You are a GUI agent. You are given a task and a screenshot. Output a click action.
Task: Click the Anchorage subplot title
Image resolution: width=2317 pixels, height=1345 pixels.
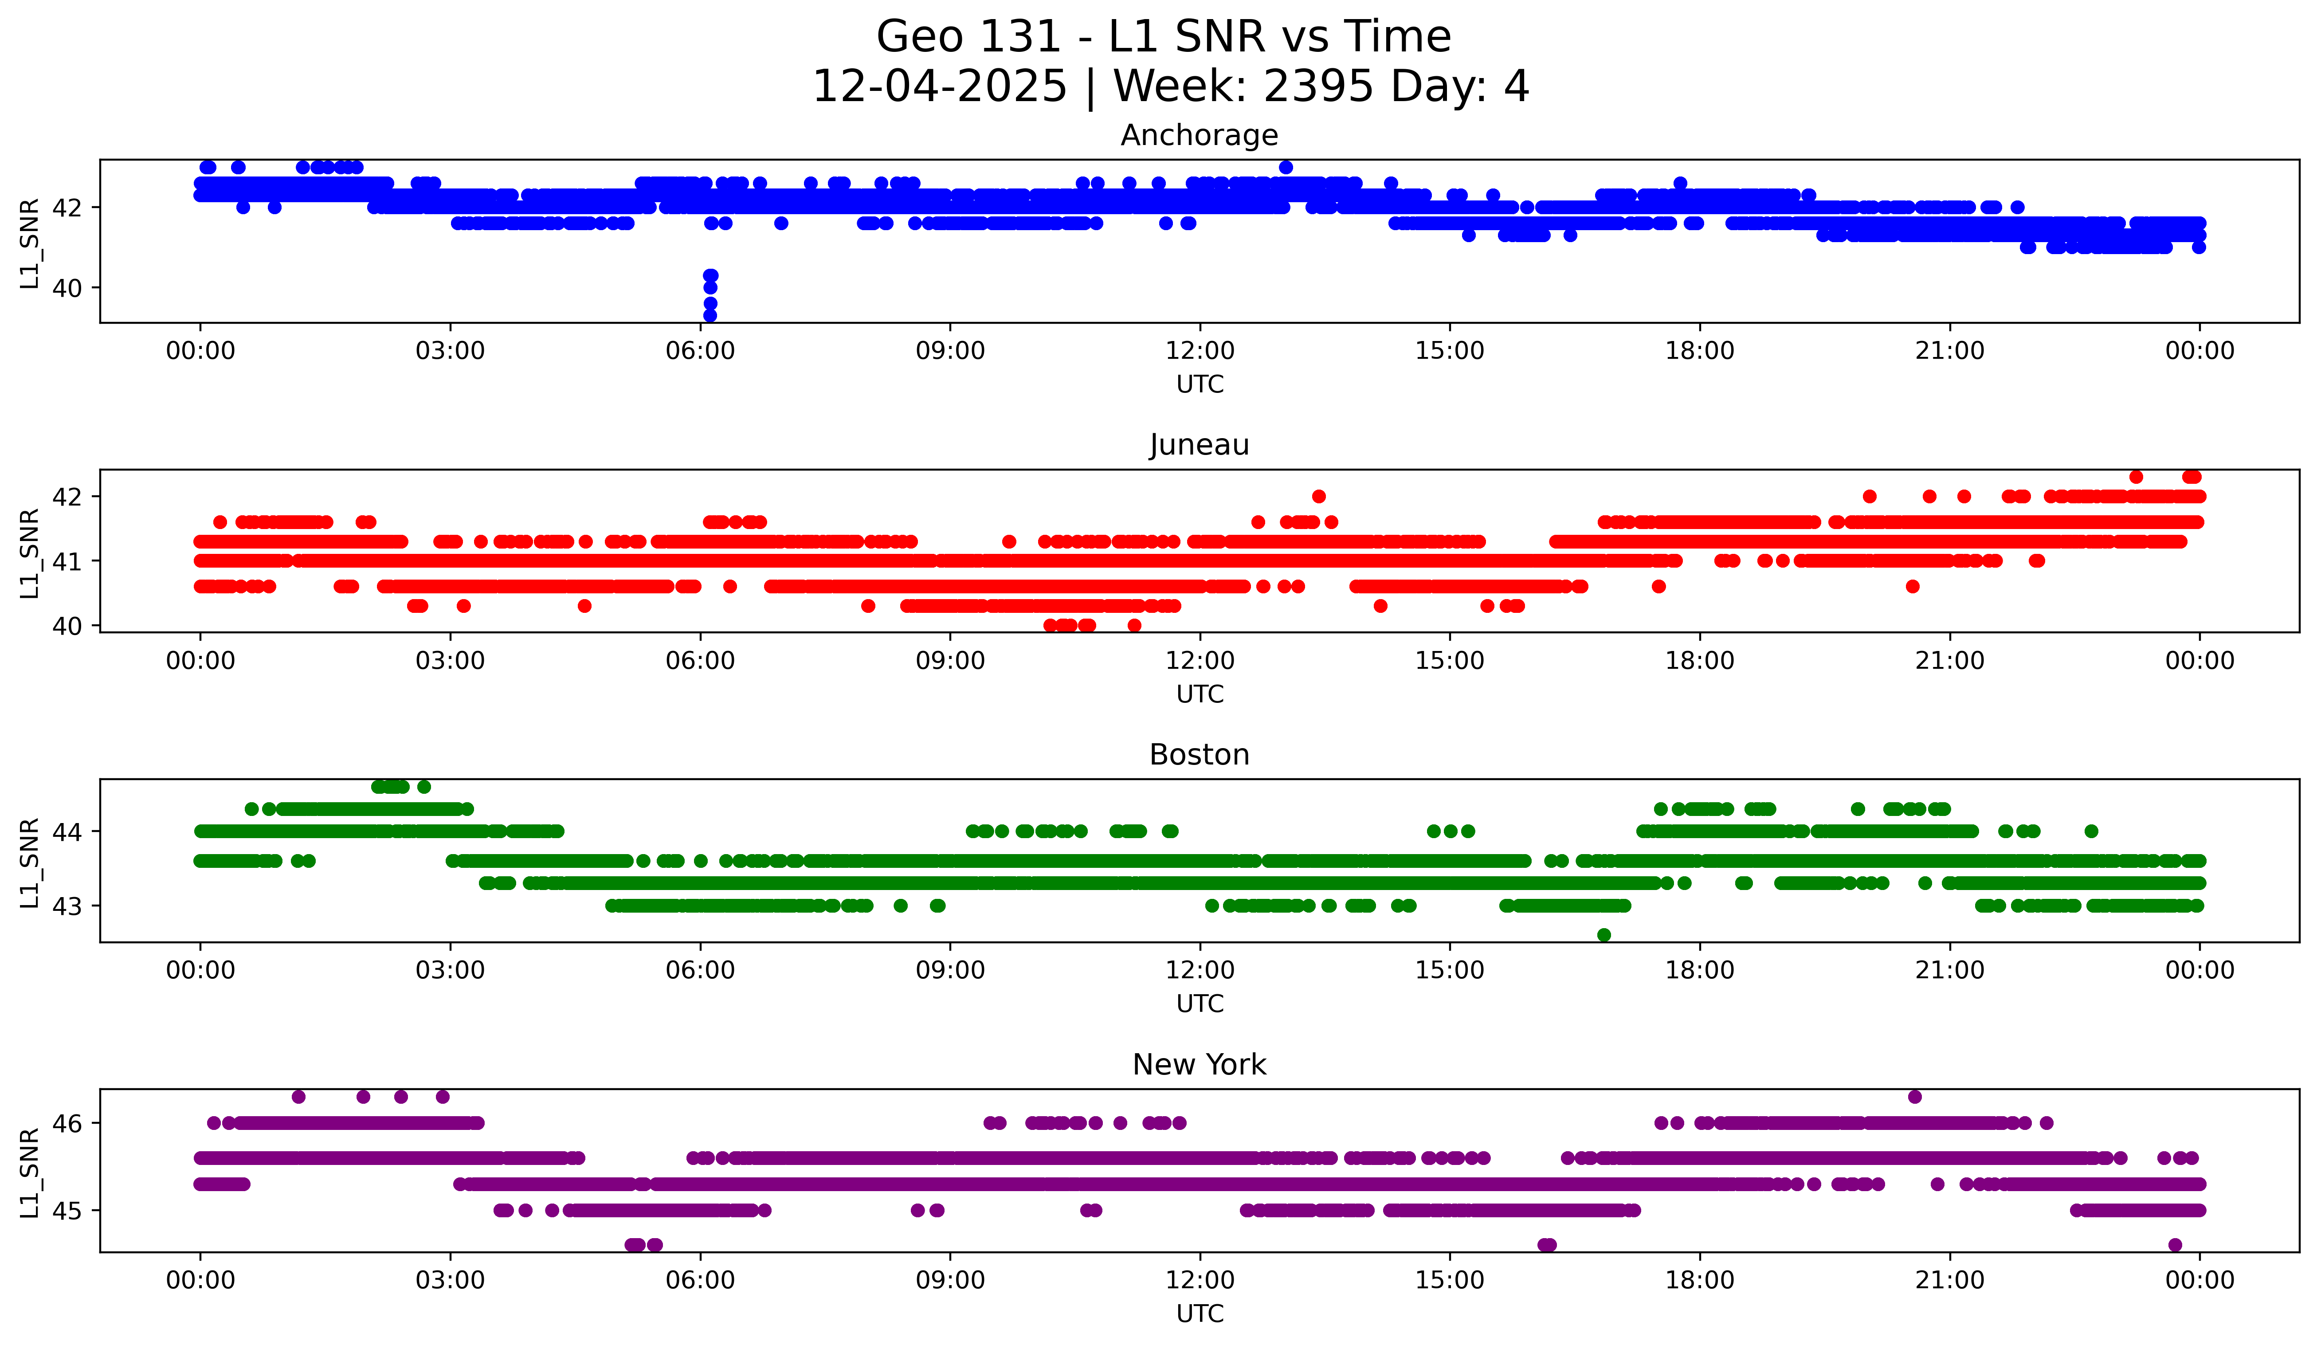1199,135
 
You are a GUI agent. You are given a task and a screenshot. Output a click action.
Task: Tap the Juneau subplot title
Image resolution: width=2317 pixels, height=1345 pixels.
1199,445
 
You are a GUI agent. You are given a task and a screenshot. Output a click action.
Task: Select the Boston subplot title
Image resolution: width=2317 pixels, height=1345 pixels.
1199,755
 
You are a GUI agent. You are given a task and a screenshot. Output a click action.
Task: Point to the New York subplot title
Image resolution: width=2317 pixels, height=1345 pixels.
1199,1065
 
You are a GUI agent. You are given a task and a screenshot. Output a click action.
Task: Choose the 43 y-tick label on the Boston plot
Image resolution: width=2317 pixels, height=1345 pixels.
66,906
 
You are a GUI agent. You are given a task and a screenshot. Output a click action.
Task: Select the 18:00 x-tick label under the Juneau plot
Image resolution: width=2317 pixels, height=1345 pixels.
1699,661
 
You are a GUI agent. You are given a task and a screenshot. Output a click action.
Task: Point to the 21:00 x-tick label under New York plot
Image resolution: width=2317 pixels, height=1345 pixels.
1949,1281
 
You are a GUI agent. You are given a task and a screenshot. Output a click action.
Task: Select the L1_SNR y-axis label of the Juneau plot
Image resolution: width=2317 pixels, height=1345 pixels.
29,553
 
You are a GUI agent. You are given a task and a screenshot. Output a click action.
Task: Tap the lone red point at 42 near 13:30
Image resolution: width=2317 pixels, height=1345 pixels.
1318,496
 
